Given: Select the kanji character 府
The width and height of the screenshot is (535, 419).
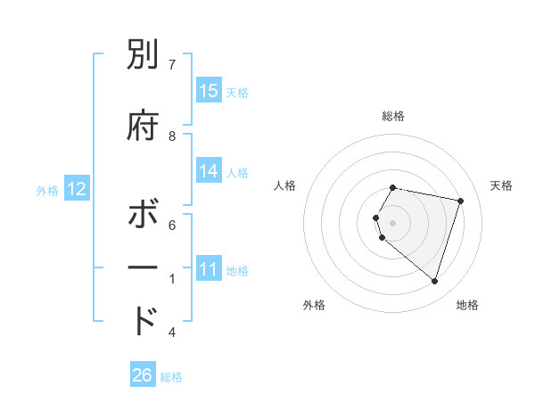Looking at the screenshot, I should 144,125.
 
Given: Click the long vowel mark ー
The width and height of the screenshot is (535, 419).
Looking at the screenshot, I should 144,267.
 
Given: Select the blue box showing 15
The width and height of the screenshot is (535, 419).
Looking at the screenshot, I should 209,90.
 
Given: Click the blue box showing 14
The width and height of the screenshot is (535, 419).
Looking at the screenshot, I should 209,171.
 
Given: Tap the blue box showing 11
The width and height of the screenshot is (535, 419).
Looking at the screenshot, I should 209,269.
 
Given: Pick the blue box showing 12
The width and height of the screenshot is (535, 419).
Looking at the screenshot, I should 76,189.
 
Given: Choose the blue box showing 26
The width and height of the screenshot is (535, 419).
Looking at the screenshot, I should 143,375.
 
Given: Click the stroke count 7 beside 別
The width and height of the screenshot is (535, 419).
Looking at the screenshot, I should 172,64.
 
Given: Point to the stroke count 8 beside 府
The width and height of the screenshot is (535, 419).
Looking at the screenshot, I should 172,136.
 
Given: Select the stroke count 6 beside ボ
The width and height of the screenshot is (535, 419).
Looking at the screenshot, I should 172,226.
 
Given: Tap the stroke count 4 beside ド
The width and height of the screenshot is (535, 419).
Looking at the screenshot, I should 172,333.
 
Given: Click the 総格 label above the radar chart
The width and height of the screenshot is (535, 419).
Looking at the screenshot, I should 393,116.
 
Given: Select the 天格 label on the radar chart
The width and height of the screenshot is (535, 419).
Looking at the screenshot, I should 501,185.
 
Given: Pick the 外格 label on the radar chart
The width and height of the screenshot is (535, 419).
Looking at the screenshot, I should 314,305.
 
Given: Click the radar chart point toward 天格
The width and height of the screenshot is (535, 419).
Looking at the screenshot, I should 460,201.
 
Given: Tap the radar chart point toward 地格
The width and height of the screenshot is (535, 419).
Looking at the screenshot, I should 434,281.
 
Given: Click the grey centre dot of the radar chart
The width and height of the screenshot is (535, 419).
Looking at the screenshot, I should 393,222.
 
